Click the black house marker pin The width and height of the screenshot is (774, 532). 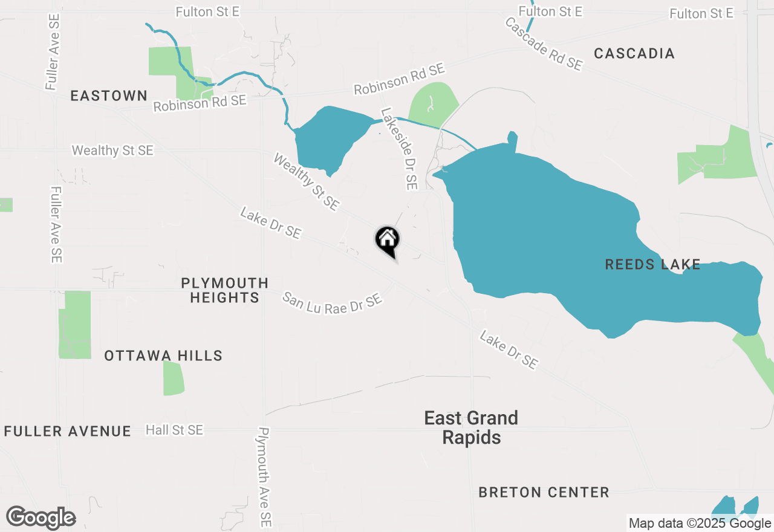coord(388,240)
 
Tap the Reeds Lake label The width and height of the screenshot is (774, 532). coord(652,264)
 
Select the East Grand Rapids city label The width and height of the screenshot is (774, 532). coord(471,427)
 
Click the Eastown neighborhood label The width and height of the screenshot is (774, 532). coord(109,96)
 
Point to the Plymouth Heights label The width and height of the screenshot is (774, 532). coord(224,290)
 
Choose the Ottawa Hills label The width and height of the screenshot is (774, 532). coord(163,355)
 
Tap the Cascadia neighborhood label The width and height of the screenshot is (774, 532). coord(634,53)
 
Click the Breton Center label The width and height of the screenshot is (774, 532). coord(544,492)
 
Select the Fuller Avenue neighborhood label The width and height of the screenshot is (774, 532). coord(67,431)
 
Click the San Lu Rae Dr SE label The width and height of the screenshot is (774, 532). coord(333,302)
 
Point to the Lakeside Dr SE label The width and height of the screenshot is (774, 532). coord(399,149)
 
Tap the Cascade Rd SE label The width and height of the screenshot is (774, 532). coord(543,44)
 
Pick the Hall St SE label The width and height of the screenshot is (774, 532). coord(174,430)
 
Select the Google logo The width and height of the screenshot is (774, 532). coord(41,517)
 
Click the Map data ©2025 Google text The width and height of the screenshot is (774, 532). coord(700,524)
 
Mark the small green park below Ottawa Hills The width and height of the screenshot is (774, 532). coord(173,378)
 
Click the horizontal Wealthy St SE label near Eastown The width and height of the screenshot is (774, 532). coord(112,150)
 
